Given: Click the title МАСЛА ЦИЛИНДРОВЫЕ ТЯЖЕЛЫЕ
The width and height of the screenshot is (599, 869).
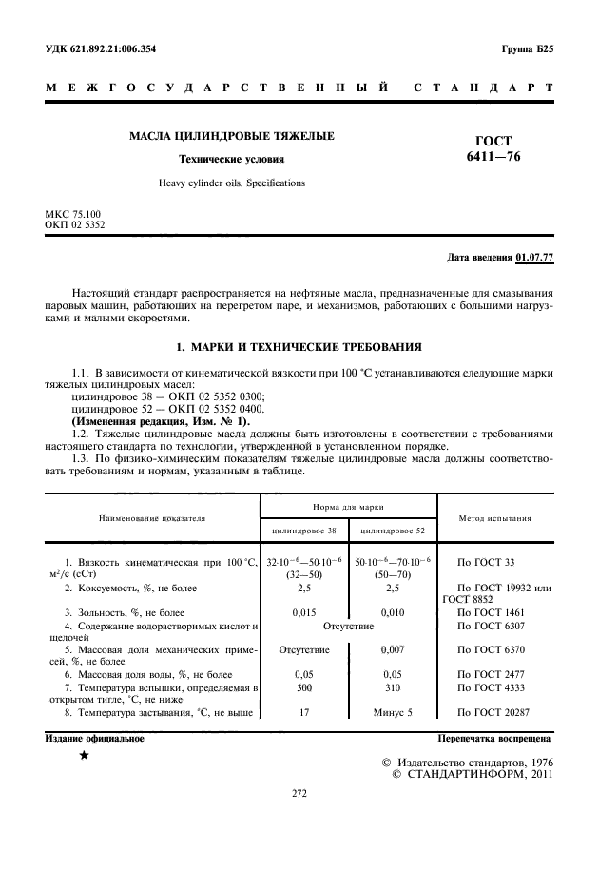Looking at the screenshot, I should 232,137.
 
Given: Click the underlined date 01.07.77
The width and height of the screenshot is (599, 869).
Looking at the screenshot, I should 535,258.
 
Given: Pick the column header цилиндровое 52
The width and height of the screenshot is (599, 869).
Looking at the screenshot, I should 393,529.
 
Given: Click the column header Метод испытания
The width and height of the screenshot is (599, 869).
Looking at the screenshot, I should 494,518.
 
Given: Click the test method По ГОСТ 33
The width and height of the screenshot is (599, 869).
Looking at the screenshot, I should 486,563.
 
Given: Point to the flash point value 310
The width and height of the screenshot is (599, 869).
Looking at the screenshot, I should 393,686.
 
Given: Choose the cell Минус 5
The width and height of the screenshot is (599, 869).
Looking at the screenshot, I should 393,711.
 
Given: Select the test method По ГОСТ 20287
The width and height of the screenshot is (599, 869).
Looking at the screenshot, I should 493,711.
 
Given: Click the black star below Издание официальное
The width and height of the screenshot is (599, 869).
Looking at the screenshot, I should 84,755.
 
